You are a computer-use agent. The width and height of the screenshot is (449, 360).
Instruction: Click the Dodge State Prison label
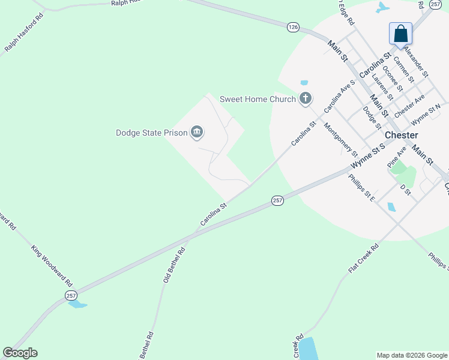(x=151, y=133)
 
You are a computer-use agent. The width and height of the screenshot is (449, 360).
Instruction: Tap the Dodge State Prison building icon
(x=196, y=133)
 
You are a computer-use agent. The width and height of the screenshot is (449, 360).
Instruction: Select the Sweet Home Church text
(x=258, y=99)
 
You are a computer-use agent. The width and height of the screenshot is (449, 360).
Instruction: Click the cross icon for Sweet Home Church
(x=306, y=98)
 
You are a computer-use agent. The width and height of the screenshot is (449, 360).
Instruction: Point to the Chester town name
(x=401, y=135)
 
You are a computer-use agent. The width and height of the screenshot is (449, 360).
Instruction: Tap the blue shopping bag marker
(x=400, y=35)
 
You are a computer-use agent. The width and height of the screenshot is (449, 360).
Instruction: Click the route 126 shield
(x=293, y=27)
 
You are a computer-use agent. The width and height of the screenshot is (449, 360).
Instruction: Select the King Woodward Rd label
(x=52, y=265)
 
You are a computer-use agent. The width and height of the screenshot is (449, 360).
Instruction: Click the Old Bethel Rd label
(x=174, y=264)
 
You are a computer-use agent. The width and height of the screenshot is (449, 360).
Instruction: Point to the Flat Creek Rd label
(x=364, y=259)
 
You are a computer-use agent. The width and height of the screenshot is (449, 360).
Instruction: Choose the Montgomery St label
(x=341, y=140)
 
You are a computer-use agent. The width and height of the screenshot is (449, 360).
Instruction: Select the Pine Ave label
(x=396, y=156)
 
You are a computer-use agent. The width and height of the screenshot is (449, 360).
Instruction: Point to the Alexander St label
(x=415, y=63)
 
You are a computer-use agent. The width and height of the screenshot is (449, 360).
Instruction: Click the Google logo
(x=20, y=353)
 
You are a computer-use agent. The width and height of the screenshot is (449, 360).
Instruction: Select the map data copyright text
(x=412, y=355)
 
